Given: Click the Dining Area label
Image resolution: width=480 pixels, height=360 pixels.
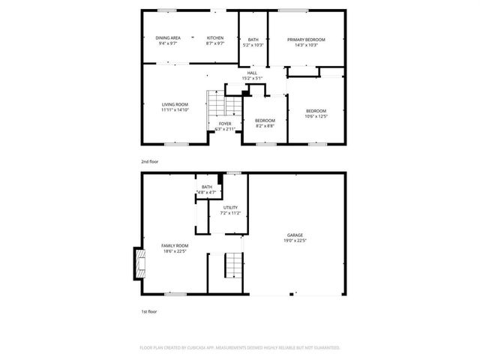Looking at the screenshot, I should (168, 37).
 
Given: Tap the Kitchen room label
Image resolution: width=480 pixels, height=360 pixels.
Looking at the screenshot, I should (215, 37).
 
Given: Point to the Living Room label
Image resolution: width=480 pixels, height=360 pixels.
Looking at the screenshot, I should (175, 104).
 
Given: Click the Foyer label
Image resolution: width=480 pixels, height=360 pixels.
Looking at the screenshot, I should (224, 124).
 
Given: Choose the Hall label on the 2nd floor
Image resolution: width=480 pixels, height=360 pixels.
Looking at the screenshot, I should (252, 73).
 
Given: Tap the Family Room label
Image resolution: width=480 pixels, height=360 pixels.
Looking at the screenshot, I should (175, 245).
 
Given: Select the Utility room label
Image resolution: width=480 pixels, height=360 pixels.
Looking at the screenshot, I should (230, 208).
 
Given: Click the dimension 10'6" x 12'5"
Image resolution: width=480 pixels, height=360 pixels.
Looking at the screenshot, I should (316, 116).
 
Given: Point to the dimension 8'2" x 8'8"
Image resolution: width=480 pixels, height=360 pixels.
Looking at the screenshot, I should (265, 126).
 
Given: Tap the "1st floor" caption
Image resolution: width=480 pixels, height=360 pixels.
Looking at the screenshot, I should (148, 310).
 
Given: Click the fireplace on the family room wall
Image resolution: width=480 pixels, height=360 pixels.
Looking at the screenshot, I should (137, 263).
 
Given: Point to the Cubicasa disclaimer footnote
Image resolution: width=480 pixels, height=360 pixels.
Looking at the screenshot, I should (240, 348).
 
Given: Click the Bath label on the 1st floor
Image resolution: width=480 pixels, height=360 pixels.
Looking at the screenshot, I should (206, 187).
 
